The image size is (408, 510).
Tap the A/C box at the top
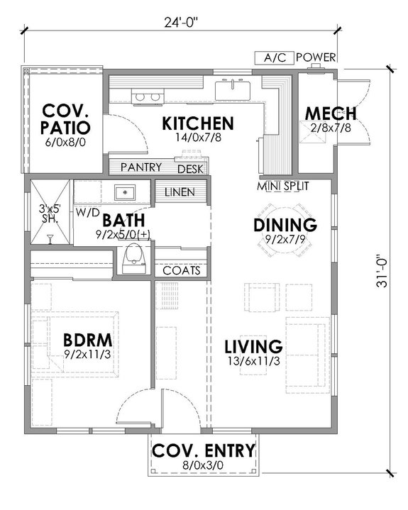(273, 57)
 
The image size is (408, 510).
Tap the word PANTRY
(141, 167)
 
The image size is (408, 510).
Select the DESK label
(190, 169)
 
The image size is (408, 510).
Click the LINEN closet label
(182, 192)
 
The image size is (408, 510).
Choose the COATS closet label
(182, 270)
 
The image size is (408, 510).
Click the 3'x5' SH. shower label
(50, 214)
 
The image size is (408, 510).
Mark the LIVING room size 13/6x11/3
(253, 362)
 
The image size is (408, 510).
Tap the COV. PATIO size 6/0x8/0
(66, 143)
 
